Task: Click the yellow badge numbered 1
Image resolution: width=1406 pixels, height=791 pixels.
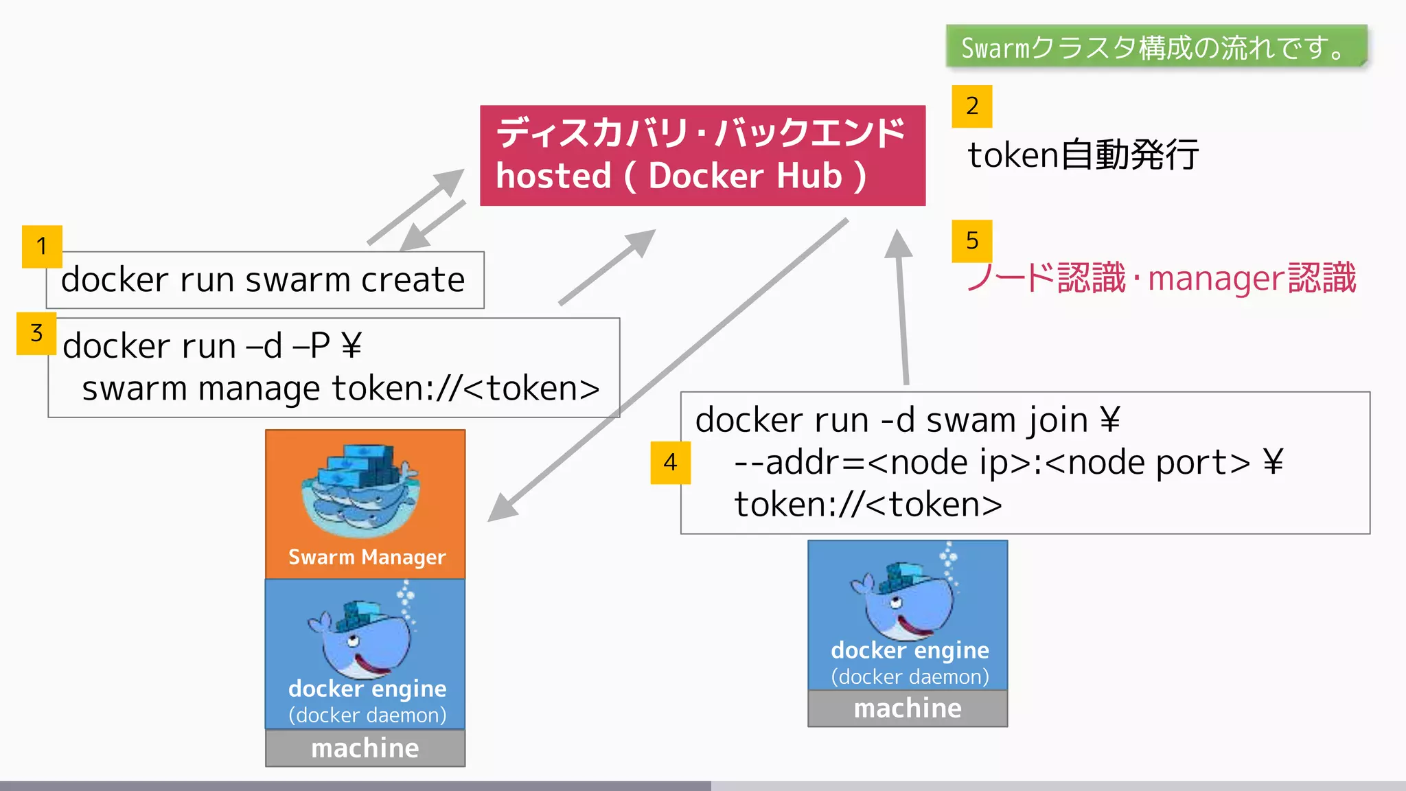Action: pos(42,246)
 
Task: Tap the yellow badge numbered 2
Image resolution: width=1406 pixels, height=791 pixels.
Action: pos(971,106)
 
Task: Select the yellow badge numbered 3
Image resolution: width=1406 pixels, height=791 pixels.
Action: pos(36,334)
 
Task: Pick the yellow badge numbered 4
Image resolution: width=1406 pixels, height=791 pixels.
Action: pos(670,463)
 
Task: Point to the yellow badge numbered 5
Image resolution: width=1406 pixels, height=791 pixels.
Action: pos(971,241)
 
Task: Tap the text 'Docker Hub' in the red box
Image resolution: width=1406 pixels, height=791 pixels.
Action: pos(745,176)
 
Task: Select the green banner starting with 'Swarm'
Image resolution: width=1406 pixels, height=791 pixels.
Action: pos(1156,47)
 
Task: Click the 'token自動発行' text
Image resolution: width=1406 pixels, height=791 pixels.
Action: pos(1083,154)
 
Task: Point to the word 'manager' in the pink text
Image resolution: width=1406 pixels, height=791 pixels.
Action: pos(1215,279)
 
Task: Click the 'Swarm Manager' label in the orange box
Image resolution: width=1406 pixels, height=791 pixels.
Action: pos(367,557)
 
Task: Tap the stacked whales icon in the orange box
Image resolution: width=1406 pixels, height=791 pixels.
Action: pos(360,490)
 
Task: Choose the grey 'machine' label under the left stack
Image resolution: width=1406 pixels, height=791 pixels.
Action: pos(365,748)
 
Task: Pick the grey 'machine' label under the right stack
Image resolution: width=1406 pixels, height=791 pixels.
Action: pos(908,708)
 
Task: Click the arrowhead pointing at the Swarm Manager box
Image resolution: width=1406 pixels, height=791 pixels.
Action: pos(503,508)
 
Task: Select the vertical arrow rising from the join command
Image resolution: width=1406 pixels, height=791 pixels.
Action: pos(902,309)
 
